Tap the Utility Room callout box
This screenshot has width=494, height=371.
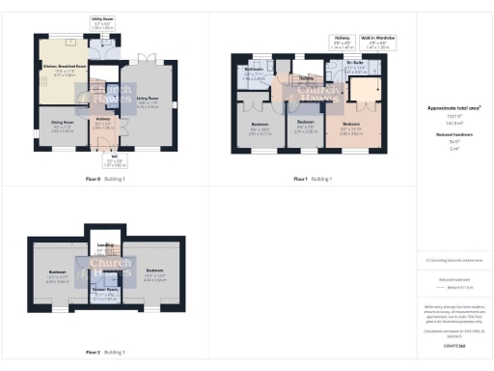(x=103, y=24)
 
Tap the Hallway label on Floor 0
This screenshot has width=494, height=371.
(x=101, y=121)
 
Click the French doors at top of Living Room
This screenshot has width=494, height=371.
(x=146, y=57)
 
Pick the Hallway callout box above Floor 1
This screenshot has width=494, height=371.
(x=342, y=43)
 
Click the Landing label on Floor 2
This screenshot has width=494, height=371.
(x=105, y=248)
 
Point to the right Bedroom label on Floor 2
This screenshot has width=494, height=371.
(x=155, y=273)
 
